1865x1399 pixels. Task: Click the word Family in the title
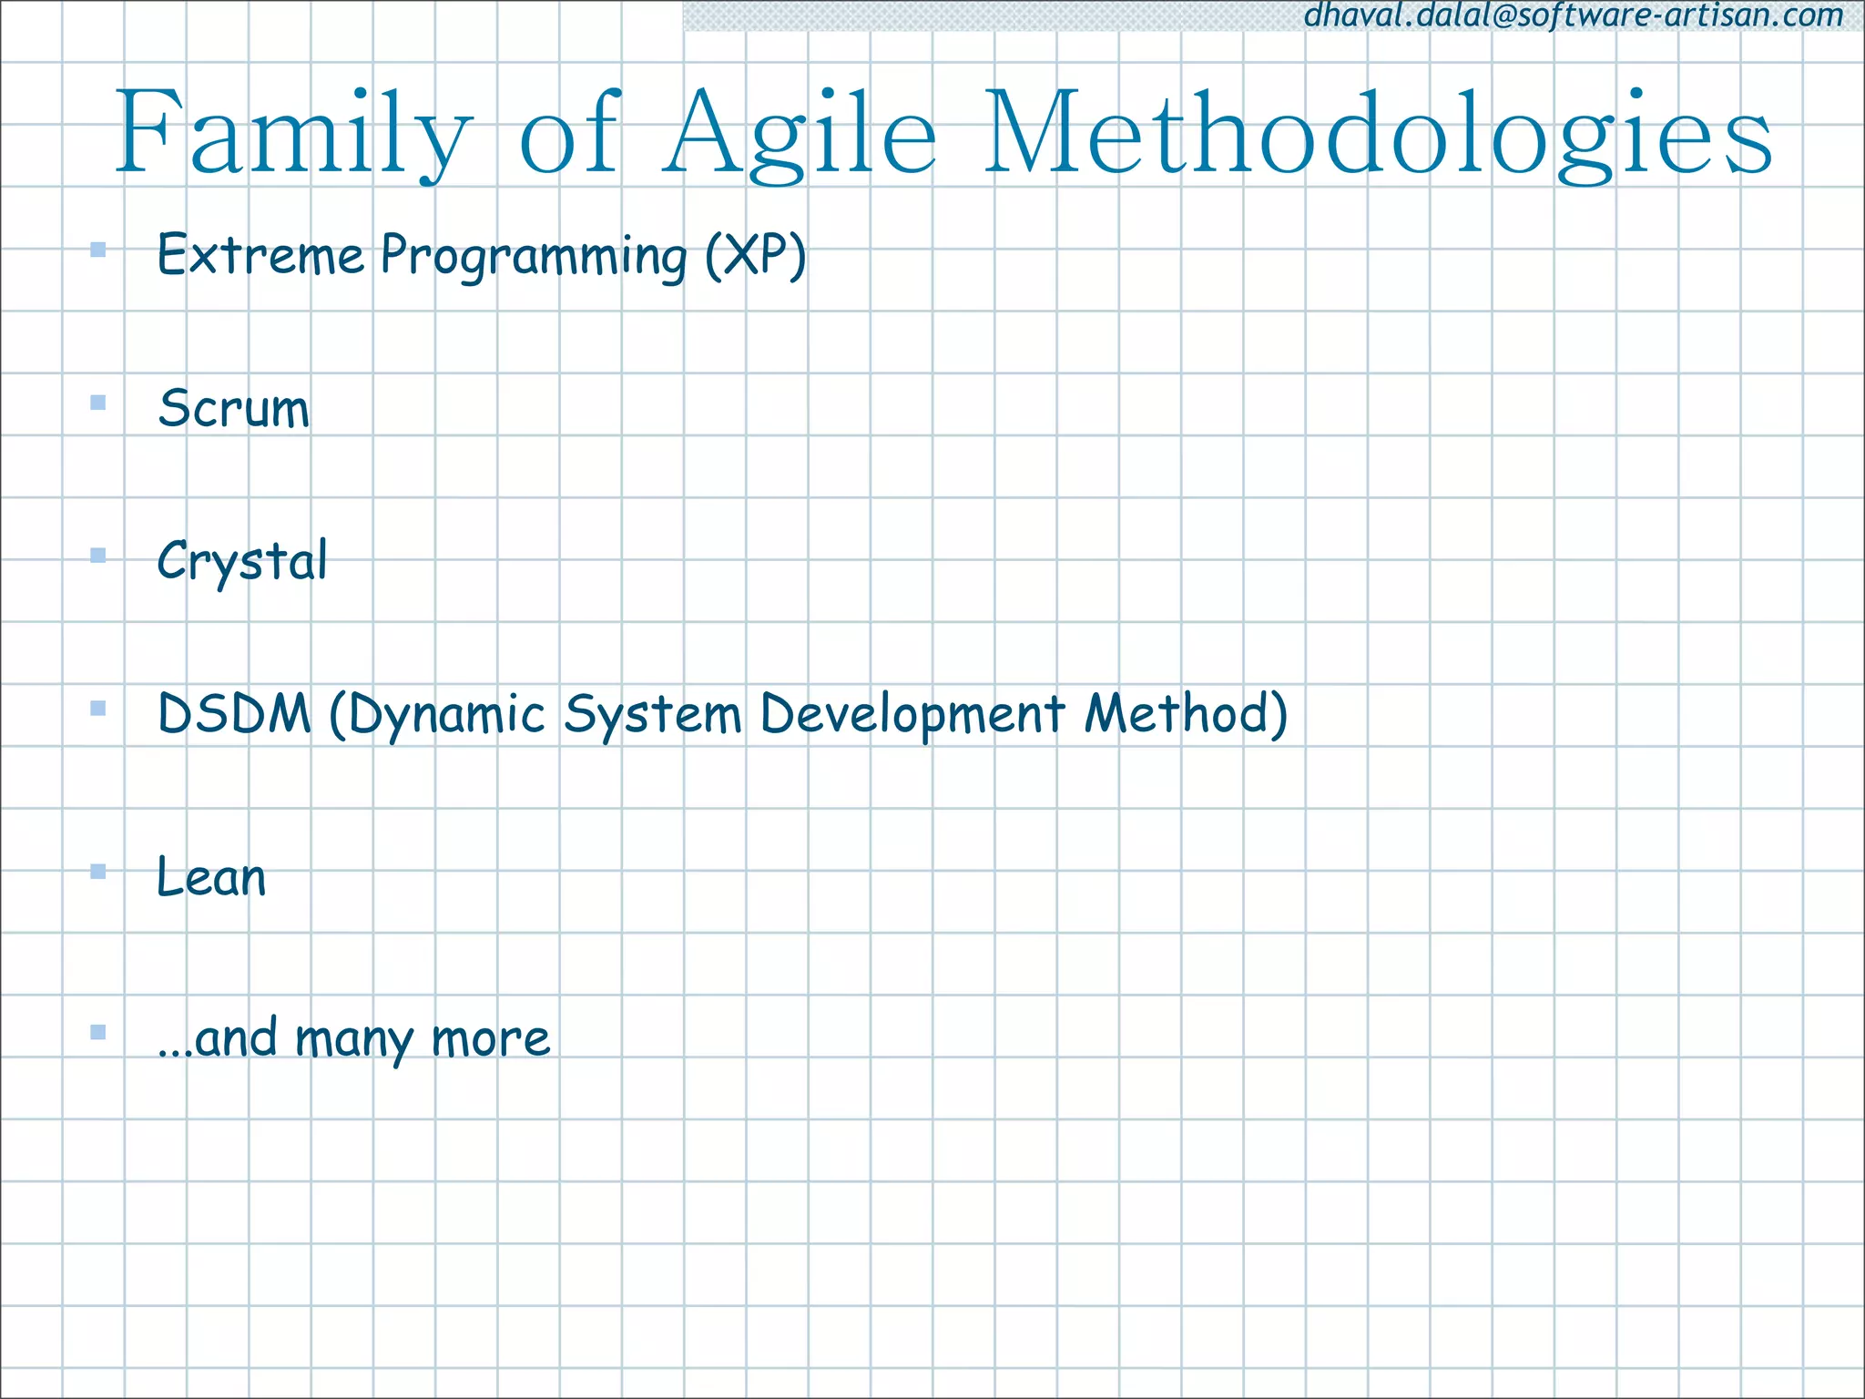pos(293,135)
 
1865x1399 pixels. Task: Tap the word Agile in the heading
pos(800,135)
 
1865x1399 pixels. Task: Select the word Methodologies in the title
pos(1377,135)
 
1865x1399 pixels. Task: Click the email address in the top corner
pos(1574,15)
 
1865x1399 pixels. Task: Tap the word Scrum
pos(234,408)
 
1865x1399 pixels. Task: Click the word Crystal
pos(242,561)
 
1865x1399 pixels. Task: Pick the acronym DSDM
pos(235,713)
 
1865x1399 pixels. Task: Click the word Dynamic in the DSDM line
pos(437,715)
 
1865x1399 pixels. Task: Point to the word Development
pos(912,715)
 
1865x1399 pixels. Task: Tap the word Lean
pos(211,877)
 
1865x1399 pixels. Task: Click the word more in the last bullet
pos(491,1038)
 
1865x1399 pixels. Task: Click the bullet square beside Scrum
pos(98,403)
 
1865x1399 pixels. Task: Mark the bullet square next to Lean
pos(98,872)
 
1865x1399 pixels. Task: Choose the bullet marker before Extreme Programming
pos(98,250)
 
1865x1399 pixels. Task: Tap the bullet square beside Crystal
pos(98,556)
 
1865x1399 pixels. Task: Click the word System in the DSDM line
pos(652,715)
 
